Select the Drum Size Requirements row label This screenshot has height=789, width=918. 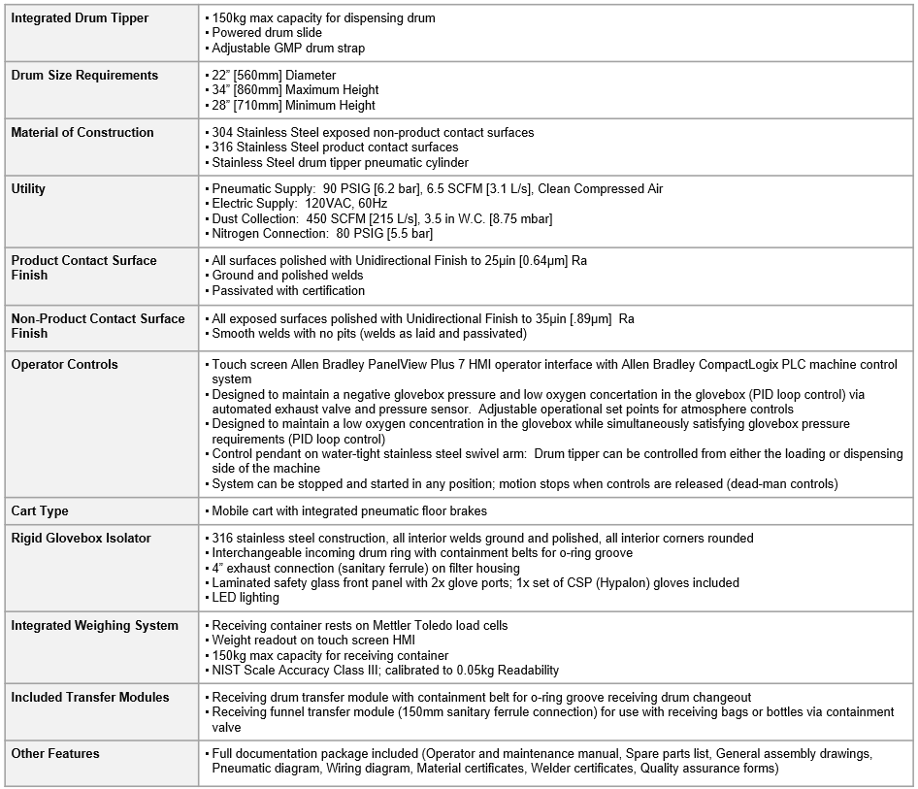pos(84,76)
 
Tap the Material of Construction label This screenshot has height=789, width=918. pos(82,133)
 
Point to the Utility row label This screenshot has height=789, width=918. pos(28,189)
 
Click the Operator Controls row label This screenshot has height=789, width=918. pos(64,365)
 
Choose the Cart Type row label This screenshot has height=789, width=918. pos(40,511)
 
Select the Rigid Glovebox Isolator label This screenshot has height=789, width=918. pos(81,539)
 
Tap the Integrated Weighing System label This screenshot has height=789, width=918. pos(94,626)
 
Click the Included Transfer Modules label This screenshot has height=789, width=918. pos(90,698)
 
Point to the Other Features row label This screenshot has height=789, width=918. pos(55,754)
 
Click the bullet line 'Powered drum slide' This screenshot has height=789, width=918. pos(267,33)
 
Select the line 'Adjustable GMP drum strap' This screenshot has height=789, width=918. pos(288,49)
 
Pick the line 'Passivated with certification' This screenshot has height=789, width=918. pos(288,290)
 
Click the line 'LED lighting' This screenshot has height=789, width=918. pos(246,598)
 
